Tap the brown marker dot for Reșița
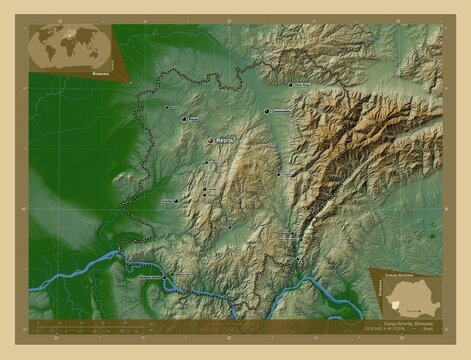[x=209, y=141]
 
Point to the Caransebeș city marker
[x=267, y=112]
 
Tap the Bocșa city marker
[x=183, y=119]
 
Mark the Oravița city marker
[x=176, y=201]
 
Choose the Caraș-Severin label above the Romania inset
[x=399, y=270]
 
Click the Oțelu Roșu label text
[x=302, y=85]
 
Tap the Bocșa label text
[x=194, y=119]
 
